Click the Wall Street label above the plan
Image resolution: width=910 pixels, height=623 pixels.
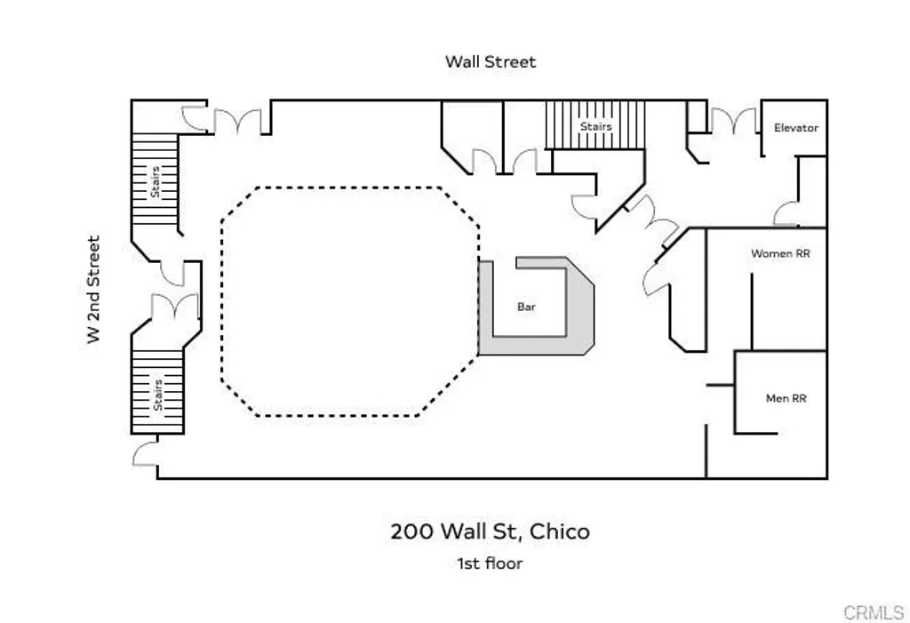click(491, 61)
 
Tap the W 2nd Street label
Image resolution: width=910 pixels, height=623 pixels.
click(93, 290)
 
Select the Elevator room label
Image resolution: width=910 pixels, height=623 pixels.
click(795, 128)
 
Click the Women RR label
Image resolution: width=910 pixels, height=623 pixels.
click(780, 253)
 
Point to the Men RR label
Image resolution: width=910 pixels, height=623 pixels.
click(786, 399)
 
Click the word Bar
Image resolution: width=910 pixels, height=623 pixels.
click(526, 308)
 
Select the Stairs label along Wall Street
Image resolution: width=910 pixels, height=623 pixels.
click(595, 126)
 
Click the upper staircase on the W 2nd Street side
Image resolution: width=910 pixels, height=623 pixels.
click(156, 183)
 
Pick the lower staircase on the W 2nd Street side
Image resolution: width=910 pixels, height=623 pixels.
click(157, 391)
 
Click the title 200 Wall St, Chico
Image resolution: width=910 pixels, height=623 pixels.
click(490, 531)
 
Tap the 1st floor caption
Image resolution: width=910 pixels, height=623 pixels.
click(490, 563)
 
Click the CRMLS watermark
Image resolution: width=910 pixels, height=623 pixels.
click(873, 612)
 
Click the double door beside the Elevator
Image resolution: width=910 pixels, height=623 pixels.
click(733, 122)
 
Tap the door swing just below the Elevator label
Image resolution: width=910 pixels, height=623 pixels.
click(786, 213)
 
